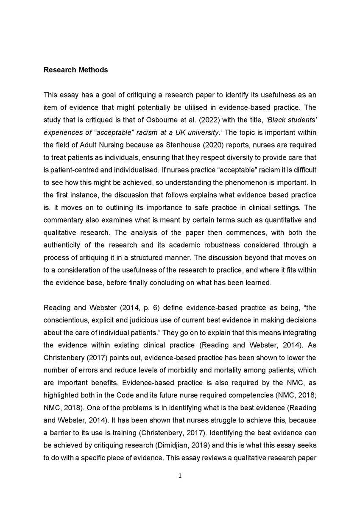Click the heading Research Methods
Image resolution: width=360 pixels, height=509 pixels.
(x=75, y=70)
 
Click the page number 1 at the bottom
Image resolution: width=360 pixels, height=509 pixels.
(x=180, y=475)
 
